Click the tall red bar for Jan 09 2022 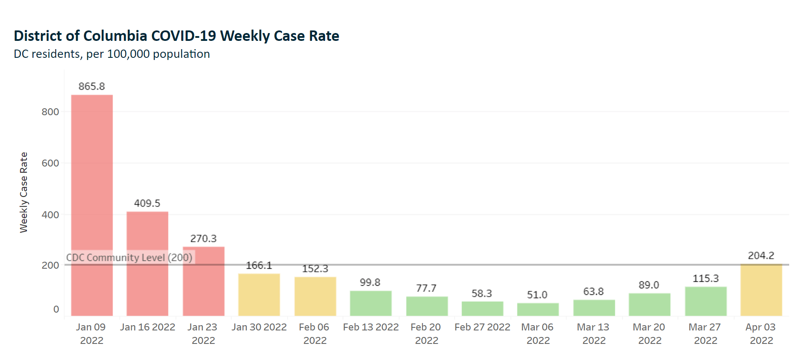coord(92,204)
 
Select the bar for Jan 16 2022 coord(147,263)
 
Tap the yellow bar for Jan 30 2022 coord(259,294)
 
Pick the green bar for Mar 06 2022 coord(538,309)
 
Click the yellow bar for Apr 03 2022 coord(761,290)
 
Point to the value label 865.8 coord(92,87)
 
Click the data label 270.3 coord(203,239)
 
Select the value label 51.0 coord(537,295)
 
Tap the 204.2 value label coord(761,256)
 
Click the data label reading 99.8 coord(370,283)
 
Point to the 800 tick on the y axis coord(50,112)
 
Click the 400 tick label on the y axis coord(50,215)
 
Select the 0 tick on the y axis coord(56,309)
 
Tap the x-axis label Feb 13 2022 coord(371,327)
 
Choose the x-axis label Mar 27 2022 coord(705,333)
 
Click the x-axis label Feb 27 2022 coord(482,327)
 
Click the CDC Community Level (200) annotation coord(129,257)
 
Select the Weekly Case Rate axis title coord(24,192)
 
